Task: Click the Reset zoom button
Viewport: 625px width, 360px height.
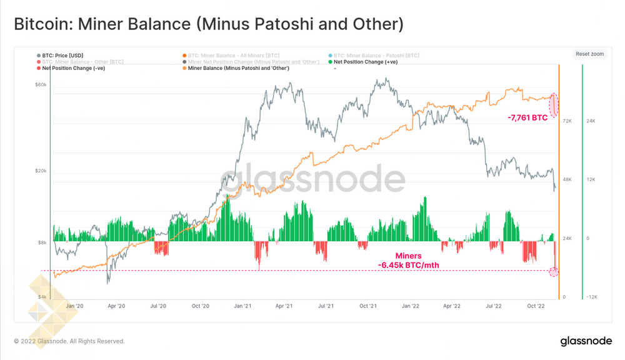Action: [589, 54]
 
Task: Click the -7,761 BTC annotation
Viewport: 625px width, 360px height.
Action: [527, 117]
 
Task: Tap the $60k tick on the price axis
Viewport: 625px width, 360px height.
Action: [41, 85]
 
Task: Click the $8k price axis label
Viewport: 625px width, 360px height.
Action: [42, 242]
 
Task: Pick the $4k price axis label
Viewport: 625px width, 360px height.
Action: [42, 297]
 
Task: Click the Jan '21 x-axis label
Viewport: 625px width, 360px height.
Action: [242, 306]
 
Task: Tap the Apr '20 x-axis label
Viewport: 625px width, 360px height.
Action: [116, 306]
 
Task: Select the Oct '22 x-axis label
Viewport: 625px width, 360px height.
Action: [536, 306]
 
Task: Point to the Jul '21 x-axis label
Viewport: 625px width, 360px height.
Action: [326, 306]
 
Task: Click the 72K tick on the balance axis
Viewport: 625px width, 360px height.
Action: [567, 121]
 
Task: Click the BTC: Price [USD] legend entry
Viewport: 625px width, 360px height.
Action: [62, 56]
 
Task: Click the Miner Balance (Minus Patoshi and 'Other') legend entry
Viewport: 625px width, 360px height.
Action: [237, 68]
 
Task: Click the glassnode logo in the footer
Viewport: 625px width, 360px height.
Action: [586, 341]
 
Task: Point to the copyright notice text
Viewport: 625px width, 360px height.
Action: [69, 341]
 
